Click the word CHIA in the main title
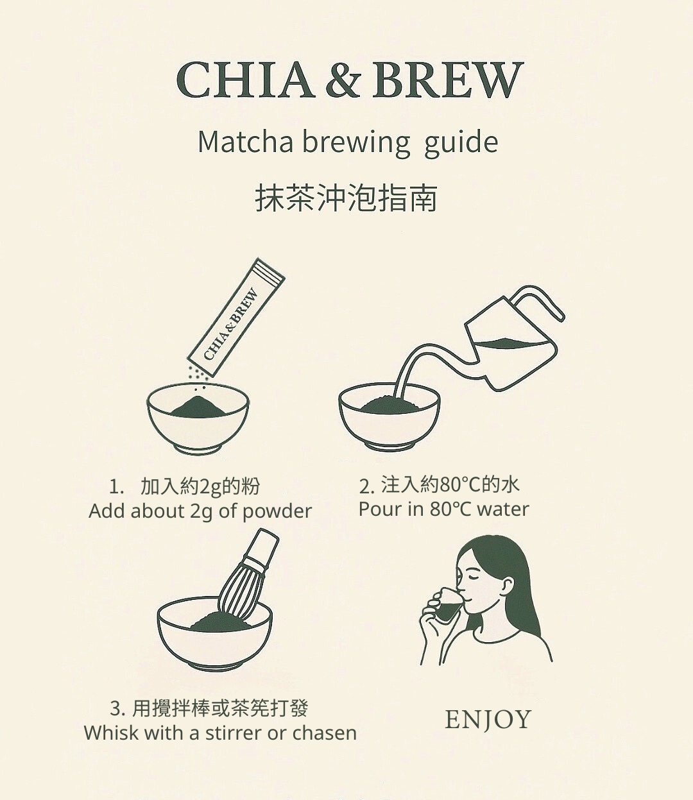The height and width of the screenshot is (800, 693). tap(245, 80)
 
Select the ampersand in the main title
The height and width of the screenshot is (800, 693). tap(343, 80)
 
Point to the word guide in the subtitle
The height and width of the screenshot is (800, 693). tap(461, 143)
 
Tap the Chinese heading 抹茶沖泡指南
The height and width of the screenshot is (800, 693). tap(346, 198)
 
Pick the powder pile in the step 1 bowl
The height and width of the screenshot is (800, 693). tap(197, 407)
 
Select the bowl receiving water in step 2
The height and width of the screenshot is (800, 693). tap(389, 417)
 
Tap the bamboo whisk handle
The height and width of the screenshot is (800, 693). tap(261, 549)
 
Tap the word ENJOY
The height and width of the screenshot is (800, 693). tap(488, 719)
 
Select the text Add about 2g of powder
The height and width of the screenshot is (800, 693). tap(200, 512)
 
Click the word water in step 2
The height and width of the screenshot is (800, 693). tap(502, 509)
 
